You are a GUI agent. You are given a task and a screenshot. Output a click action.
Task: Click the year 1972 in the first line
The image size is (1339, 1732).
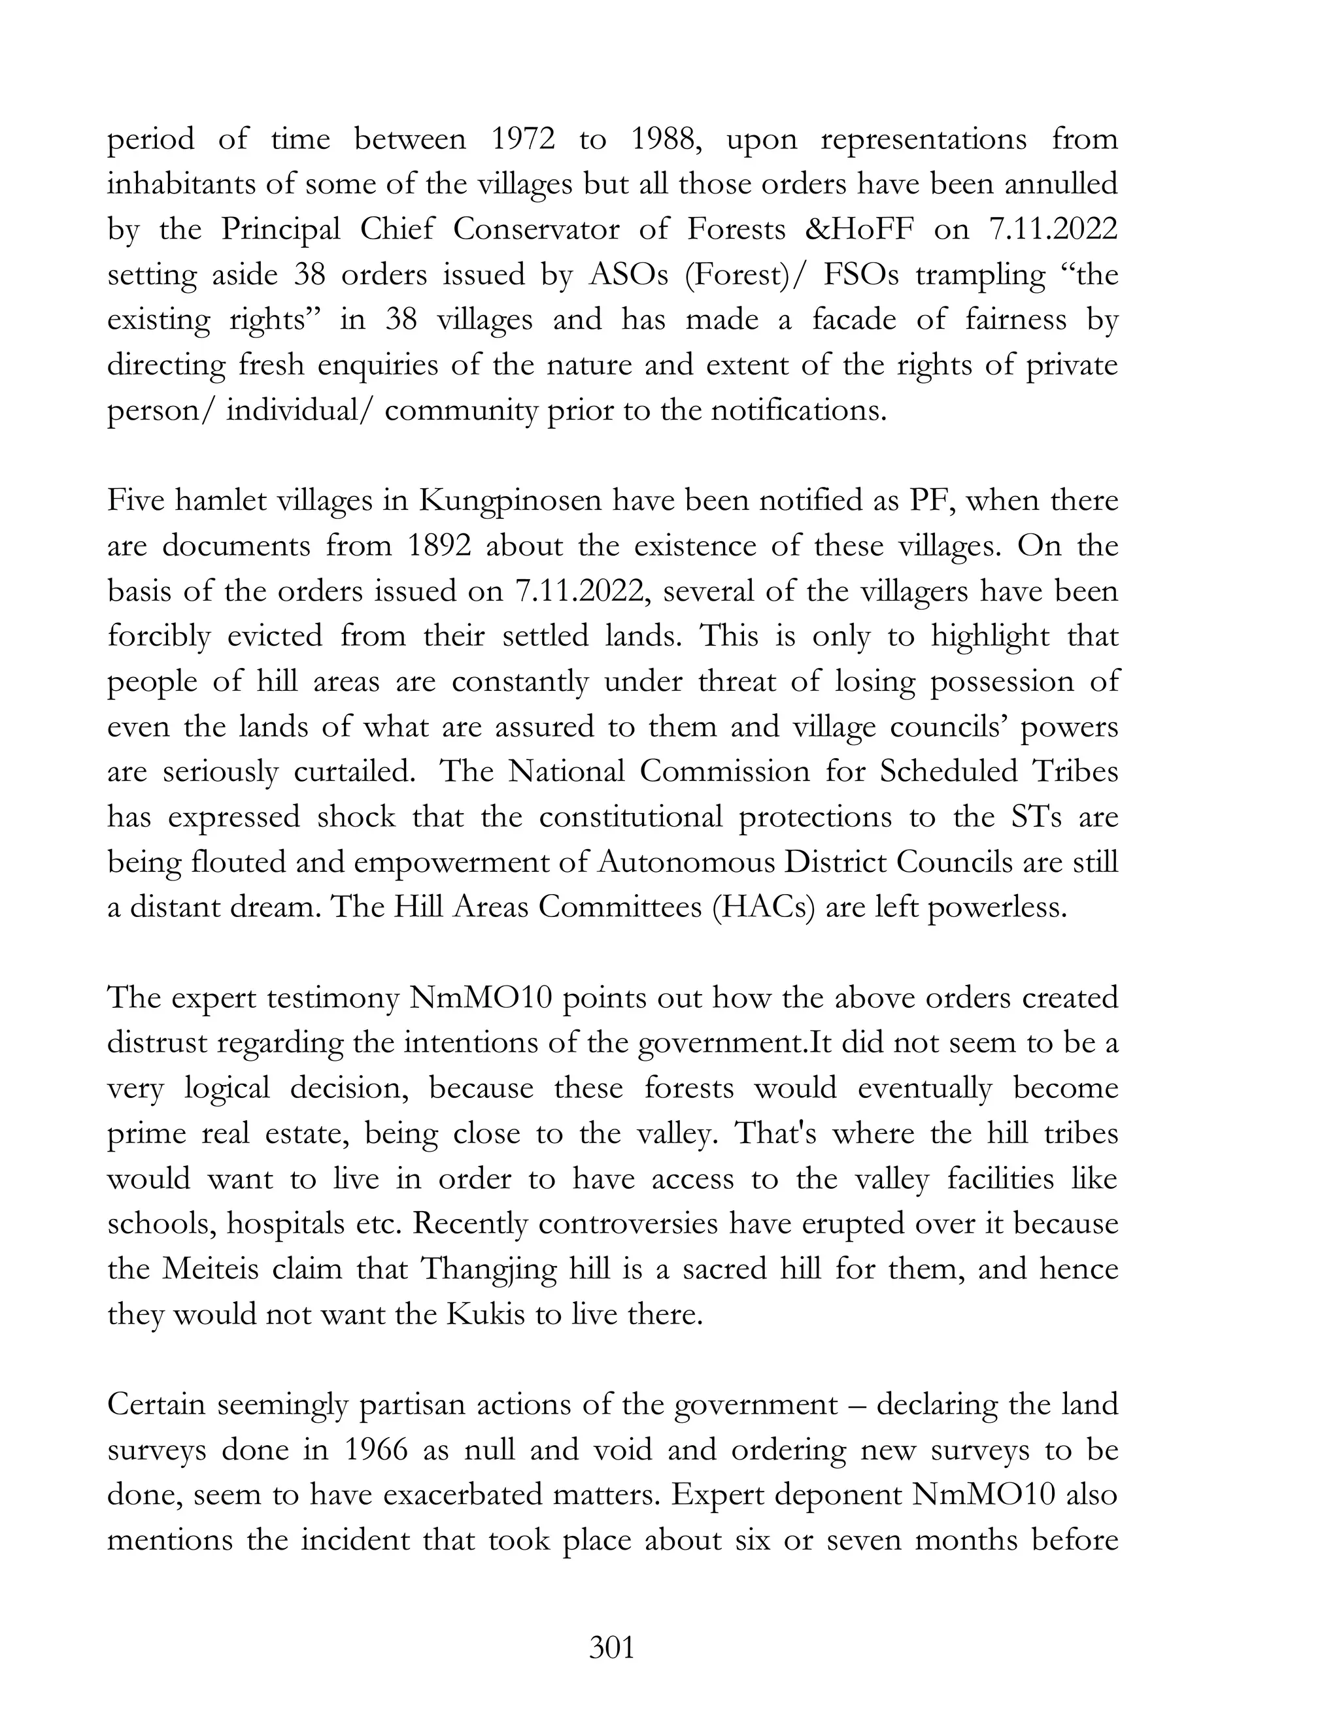click(522, 140)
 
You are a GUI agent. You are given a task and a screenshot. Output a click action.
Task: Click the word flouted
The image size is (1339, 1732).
click(239, 862)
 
